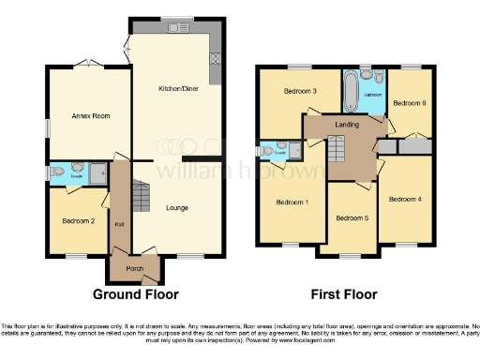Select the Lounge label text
pyautogui.click(x=178, y=207)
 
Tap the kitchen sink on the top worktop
pyautogui.click(x=177, y=28)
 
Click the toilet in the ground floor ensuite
pyautogui.click(x=58, y=172)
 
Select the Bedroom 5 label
pyautogui.click(x=352, y=217)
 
